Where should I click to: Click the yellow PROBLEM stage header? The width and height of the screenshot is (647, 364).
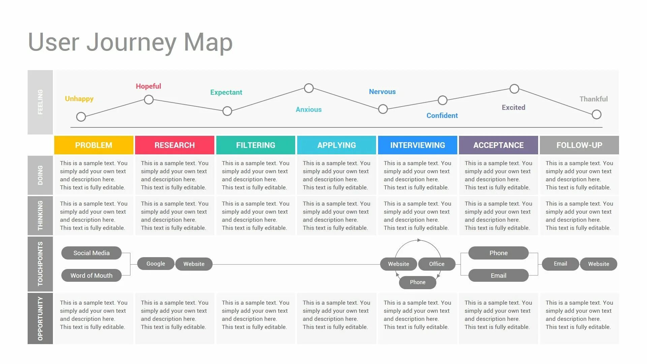[94, 145]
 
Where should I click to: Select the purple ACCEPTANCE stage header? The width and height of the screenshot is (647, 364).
[498, 145]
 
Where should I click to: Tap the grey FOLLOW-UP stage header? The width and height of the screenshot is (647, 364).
[579, 145]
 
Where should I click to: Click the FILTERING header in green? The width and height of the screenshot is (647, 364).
[255, 145]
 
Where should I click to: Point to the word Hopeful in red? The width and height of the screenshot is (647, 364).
[148, 86]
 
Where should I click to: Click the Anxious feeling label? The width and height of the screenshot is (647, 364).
[309, 110]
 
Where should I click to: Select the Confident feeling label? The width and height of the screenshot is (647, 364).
[442, 116]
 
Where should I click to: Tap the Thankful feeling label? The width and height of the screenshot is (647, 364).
[593, 99]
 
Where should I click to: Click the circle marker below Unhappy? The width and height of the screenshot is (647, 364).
[81, 117]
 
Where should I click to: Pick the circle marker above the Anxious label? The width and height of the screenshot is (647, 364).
[309, 88]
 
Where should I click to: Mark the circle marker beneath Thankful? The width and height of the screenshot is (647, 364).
[596, 115]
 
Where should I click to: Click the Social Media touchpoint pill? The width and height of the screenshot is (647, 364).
[91, 253]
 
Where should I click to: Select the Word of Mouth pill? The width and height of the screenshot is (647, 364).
[91, 275]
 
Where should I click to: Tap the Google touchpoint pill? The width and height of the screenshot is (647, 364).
[156, 264]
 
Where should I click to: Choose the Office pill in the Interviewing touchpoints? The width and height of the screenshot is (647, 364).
[437, 264]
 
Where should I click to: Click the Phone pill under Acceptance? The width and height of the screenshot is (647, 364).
[498, 253]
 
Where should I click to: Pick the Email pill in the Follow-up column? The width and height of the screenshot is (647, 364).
[560, 264]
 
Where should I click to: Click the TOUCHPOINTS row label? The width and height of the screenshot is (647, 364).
[40, 264]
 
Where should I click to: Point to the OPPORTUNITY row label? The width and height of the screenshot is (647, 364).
[40, 318]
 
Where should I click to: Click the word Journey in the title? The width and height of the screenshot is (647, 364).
[131, 42]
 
